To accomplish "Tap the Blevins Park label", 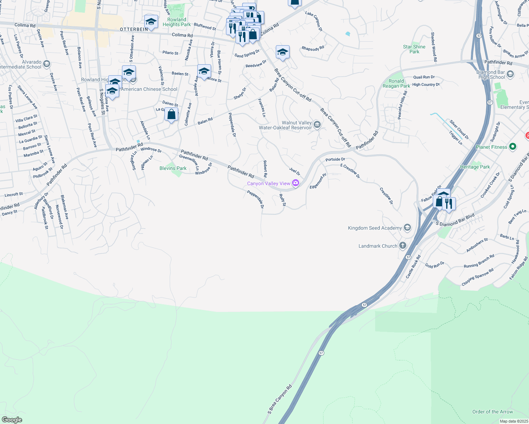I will (x=173, y=168).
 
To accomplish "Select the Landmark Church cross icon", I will (x=402, y=246).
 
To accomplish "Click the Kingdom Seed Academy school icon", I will (x=407, y=228).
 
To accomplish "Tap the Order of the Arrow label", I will (x=492, y=412).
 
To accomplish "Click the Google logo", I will (x=12, y=420).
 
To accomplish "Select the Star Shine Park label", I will (x=414, y=49).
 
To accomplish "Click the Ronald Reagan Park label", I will (x=396, y=83).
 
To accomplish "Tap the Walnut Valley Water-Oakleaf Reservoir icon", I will (x=317, y=124).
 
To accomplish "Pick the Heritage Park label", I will (x=475, y=167).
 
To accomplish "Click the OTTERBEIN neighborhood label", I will (x=134, y=29).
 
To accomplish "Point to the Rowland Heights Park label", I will (x=176, y=22).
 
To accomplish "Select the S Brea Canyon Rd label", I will (x=280, y=399).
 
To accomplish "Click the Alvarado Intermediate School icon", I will (x=47, y=64).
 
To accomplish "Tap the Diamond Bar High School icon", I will (x=510, y=74).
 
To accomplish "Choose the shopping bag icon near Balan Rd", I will (x=171, y=115).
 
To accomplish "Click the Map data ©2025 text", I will (x=514, y=421).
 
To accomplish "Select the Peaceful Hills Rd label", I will (x=403, y=105).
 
